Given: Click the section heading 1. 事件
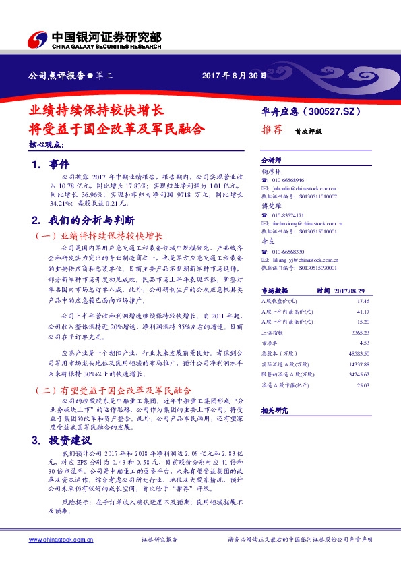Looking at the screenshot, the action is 46,164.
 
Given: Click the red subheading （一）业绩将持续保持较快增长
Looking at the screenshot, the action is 98,237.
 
